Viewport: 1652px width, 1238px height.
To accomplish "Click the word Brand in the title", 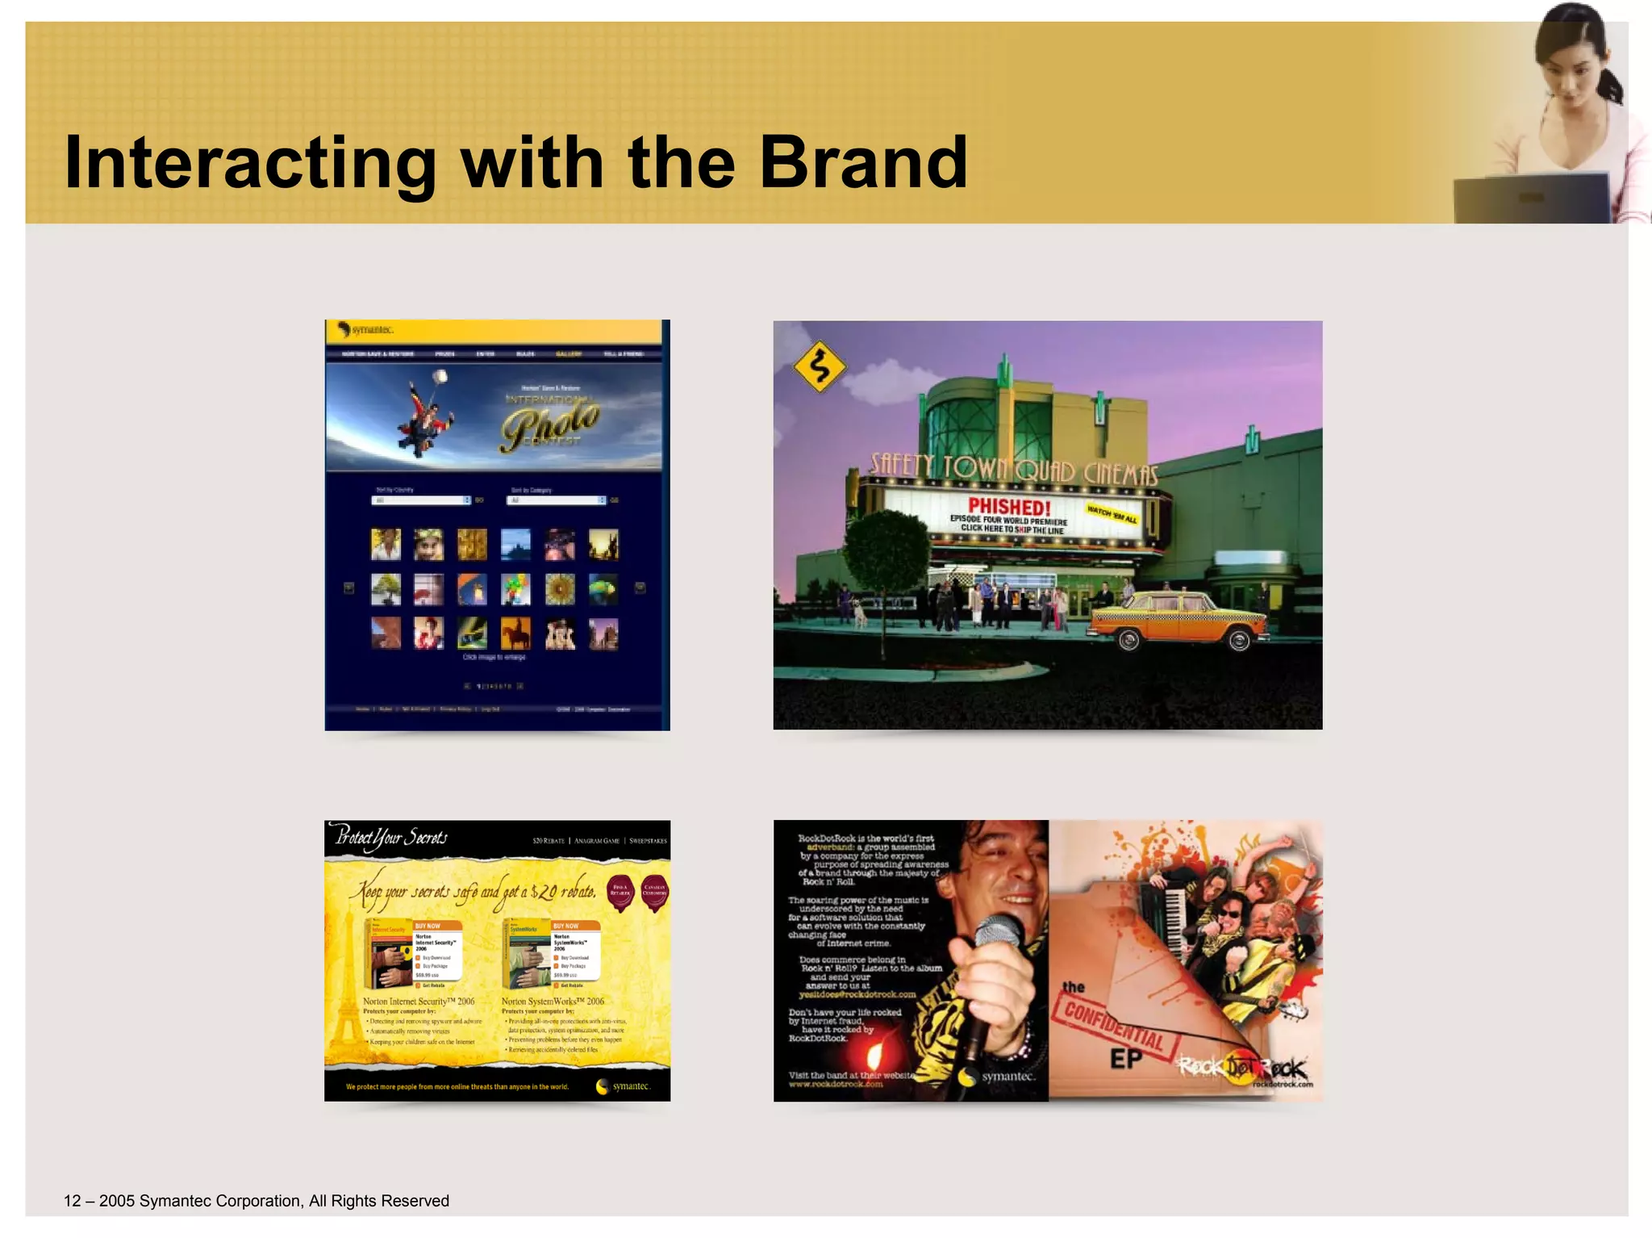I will click(x=862, y=163).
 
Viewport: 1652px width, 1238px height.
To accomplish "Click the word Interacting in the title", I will click(x=250, y=163).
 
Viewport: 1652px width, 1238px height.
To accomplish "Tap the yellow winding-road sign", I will click(x=819, y=367).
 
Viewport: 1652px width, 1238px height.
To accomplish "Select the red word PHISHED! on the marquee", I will click(x=1009, y=507).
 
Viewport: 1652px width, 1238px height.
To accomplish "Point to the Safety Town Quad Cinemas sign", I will click(x=1013, y=468).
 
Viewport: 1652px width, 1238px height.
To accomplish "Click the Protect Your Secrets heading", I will click(x=391, y=838).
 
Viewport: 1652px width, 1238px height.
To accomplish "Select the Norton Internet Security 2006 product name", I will click(x=419, y=1002).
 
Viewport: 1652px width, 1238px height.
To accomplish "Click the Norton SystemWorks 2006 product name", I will click(x=553, y=1002).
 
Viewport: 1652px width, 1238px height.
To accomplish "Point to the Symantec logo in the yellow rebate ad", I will click(x=623, y=1086).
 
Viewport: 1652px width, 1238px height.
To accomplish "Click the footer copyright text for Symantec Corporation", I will click(x=257, y=1201).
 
